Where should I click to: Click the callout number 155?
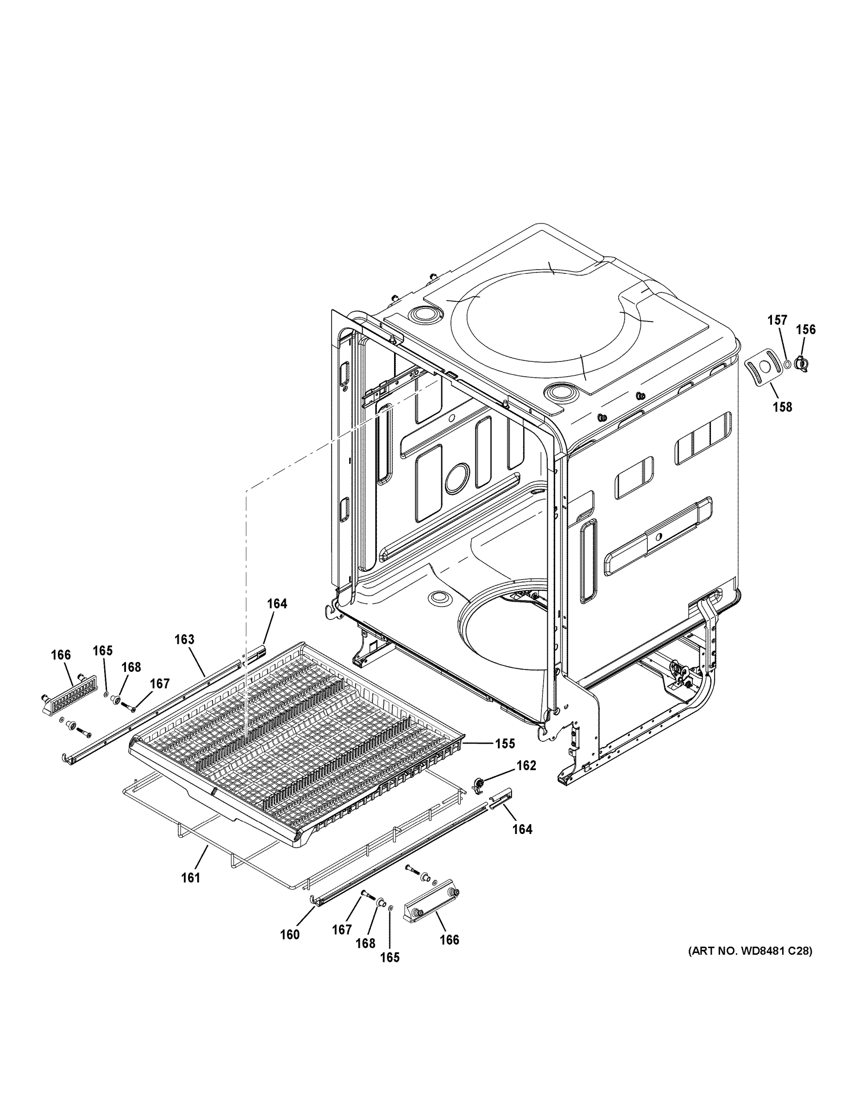pos(505,744)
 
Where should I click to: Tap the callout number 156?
pos(806,329)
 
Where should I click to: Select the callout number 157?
pos(777,320)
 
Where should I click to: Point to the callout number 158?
pos(782,407)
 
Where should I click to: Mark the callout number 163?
pos(185,639)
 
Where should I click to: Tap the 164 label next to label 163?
pos(277,603)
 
